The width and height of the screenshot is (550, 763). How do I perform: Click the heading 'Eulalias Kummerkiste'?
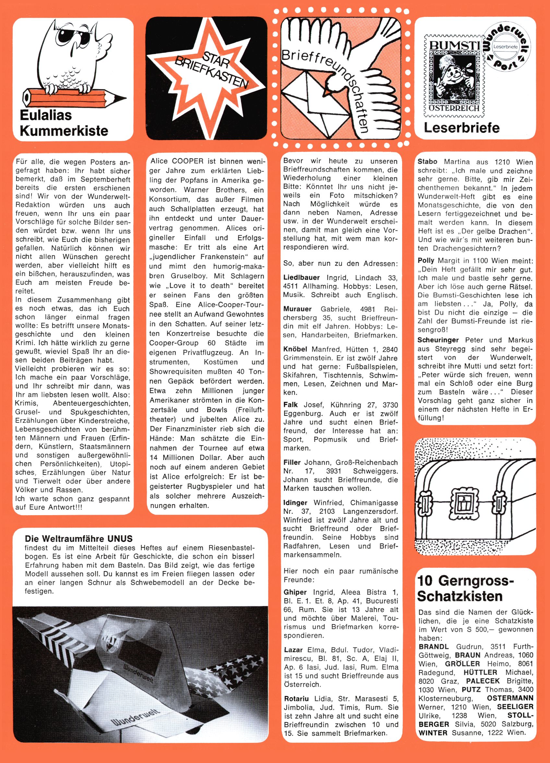pyautogui.click(x=64, y=123)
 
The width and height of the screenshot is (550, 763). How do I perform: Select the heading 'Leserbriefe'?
pyautogui.click(x=461, y=128)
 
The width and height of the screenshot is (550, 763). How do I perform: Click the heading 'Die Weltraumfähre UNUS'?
pyautogui.click(x=79, y=538)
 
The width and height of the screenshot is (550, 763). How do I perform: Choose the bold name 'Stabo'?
pyautogui.click(x=427, y=162)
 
